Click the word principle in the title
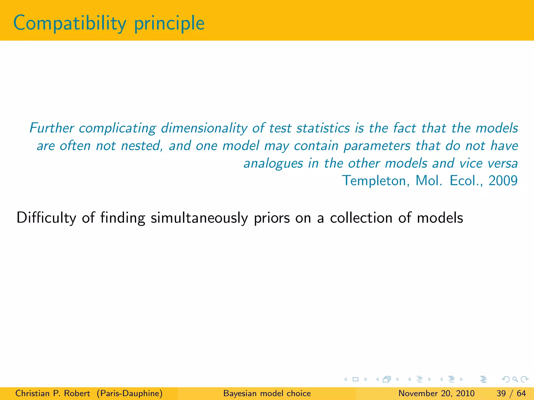(169, 23)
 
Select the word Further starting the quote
(52, 128)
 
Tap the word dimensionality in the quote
(204, 128)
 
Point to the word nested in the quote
(142, 146)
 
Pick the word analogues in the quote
(273, 164)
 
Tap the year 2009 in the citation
(503, 181)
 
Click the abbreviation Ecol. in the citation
(466, 181)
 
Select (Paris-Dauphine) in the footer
(130, 393)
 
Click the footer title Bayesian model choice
(267, 393)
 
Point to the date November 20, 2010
(436, 393)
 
